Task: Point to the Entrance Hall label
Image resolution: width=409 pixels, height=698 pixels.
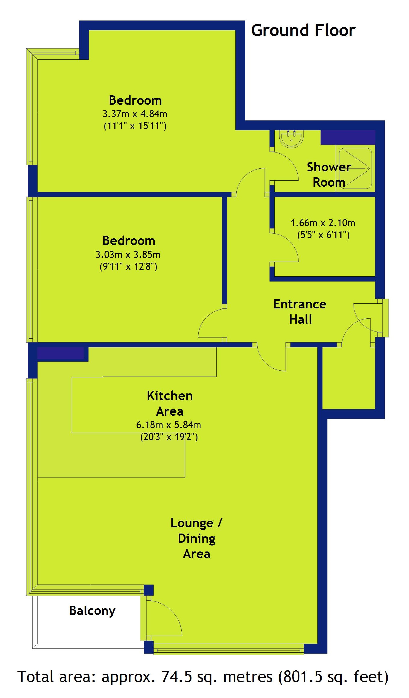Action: tap(300, 312)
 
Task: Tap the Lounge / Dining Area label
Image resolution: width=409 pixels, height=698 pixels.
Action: tap(196, 538)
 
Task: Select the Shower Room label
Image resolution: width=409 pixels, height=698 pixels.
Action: tap(329, 174)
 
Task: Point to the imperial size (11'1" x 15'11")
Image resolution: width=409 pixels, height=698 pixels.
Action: tap(135, 126)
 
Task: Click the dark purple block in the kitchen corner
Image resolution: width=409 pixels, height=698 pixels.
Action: tap(60, 353)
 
